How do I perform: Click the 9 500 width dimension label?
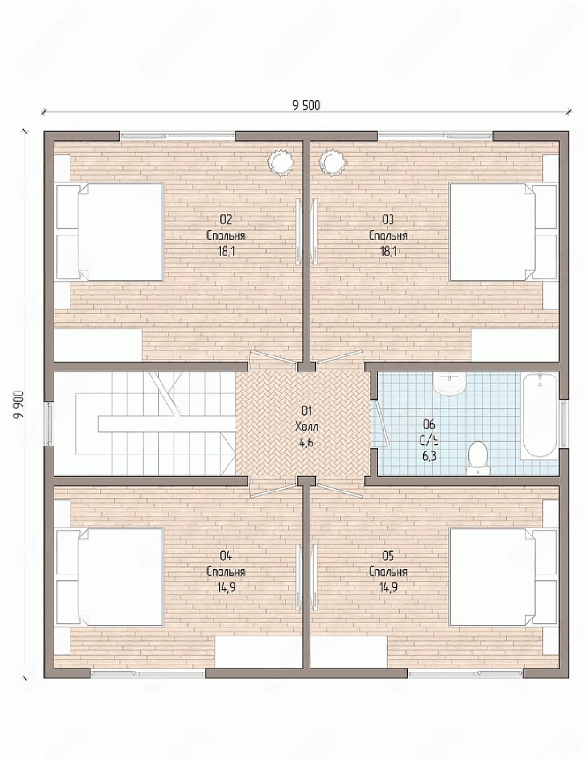click(x=306, y=105)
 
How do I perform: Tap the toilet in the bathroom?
click(x=477, y=458)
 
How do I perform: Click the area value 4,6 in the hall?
click(x=306, y=443)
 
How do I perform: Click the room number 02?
click(x=226, y=220)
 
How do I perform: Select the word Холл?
click(x=307, y=427)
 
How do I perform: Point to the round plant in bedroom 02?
click(x=280, y=161)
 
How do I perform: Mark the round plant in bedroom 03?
click(x=332, y=161)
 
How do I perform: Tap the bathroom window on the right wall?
click(x=564, y=424)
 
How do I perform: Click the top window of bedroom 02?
click(x=178, y=136)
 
